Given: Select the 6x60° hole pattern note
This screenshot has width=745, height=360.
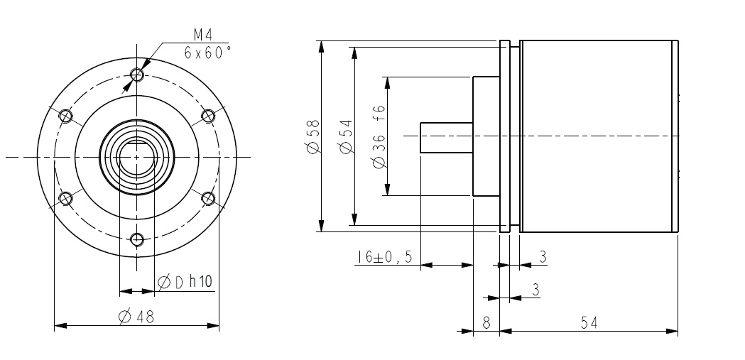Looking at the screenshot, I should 207,53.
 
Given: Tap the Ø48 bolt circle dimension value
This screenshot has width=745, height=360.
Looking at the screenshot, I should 137,316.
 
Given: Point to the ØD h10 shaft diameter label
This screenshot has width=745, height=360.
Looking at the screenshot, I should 184,282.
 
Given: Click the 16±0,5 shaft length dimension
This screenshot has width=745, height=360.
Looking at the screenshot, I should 384,257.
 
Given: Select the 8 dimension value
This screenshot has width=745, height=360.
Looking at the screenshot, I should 486,323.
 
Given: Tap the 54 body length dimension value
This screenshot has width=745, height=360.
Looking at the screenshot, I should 589,323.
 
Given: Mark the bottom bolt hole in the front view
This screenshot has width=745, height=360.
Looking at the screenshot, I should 138,238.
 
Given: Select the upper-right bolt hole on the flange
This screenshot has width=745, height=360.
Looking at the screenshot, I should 209,115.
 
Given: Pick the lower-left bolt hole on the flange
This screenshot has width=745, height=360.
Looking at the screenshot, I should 66,197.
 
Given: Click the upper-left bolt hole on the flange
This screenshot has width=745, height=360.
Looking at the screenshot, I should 66,115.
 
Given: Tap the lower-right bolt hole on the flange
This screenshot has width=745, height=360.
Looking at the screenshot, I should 209,197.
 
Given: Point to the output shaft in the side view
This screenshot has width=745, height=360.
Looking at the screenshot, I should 446,136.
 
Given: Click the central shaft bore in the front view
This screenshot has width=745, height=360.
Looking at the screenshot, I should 134,157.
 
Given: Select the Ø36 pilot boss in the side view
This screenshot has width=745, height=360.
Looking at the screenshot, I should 486,136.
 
